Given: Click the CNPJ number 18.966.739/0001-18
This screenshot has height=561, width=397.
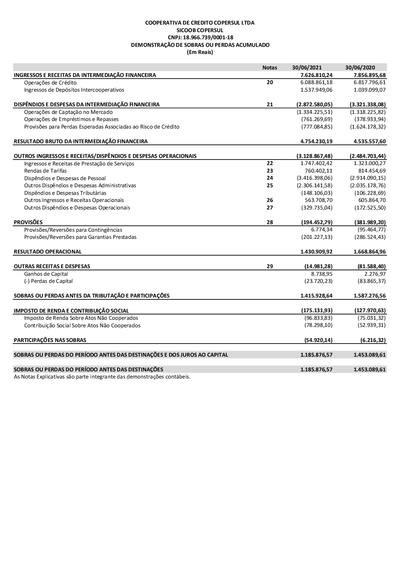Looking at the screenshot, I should [200, 37].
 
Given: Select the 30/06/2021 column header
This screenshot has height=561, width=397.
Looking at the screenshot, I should [307, 67].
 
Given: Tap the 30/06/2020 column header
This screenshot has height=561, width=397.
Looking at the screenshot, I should [360, 67].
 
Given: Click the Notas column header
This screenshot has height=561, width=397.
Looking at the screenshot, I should [270, 67].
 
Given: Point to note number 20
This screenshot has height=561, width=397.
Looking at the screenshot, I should [270, 83].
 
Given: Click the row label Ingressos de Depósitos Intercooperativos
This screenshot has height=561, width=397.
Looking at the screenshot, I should [74, 90].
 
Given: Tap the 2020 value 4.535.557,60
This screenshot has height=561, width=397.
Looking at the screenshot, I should [369, 141].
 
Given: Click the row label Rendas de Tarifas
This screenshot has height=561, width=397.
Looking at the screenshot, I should [45, 171].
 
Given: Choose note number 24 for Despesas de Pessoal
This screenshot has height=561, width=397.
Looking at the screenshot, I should [270, 178].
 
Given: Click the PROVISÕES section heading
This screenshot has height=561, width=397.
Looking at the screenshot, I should [28, 223].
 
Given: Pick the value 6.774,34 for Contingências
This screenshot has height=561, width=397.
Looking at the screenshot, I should [322, 230].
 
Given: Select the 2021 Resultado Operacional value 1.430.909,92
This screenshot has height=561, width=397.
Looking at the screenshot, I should [316, 252].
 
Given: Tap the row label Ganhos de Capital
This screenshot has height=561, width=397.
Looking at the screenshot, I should [46, 274].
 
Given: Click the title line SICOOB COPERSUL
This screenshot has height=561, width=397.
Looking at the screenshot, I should [200, 30].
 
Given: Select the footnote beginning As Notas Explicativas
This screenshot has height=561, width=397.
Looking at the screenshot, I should [102, 377].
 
